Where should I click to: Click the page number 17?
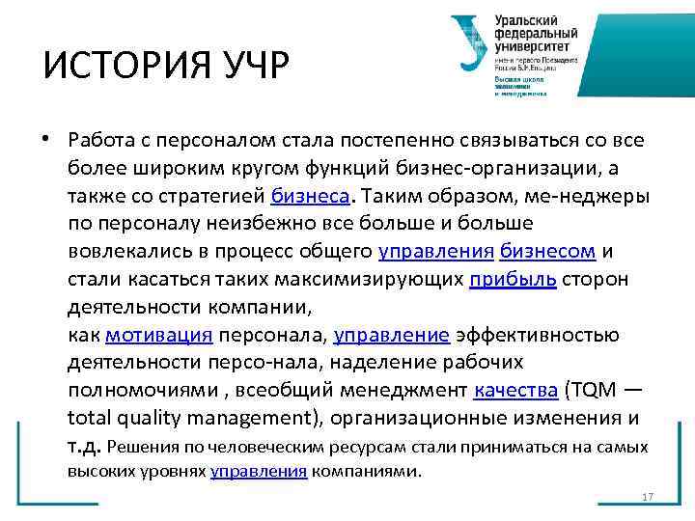[x=648, y=497]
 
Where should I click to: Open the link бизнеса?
[x=312, y=196]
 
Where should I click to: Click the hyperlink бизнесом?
[x=547, y=252]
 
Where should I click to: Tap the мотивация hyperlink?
[x=158, y=336]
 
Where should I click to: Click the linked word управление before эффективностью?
[x=391, y=336]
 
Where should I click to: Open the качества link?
[x=515, y=392]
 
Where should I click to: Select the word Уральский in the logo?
[x=527, y=20]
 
